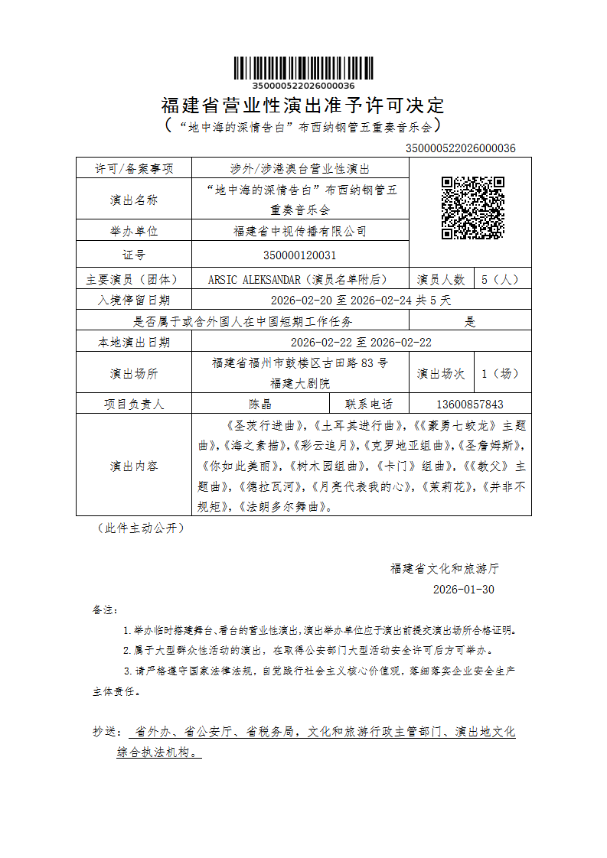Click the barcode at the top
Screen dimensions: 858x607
(x=303, y=68)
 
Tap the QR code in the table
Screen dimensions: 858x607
(x=472, y=208)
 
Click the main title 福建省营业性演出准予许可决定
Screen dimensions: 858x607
(x=303, y=105)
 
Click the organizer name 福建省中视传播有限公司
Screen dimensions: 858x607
(x=299, y=231)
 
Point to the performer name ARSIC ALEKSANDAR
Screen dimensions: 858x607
(x=254, y=280)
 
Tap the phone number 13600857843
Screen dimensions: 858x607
(x=470, y=405)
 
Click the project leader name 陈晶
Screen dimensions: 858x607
(x=260, y=405)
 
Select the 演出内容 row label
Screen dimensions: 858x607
(x=134, y=466)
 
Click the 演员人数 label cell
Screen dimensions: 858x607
(x=442, y=280)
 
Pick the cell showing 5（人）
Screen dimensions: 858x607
(x=502, y=280)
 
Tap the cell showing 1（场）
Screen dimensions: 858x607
(x=502, y=374)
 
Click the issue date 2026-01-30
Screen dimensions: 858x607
(x=464, y=590)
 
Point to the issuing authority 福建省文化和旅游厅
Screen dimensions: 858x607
(x=445, y=569)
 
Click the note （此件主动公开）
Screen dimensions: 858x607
(x=140, y=528)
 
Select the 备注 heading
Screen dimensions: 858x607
(x=105, y=610)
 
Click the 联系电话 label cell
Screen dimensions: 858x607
(x=369, y=405)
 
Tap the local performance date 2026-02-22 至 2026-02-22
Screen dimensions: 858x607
(x=361, y=343)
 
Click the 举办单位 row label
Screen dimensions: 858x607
(x=134, y=231)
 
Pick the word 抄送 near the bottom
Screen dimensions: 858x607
(x=106, y=733)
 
